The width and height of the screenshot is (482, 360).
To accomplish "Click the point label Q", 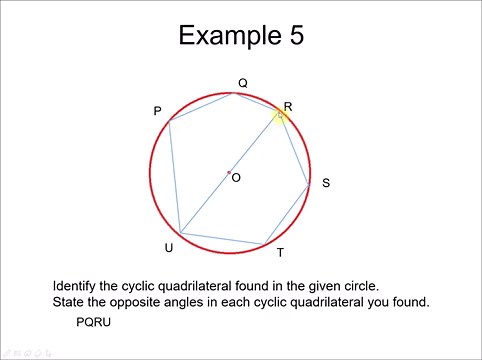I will coord(242,83).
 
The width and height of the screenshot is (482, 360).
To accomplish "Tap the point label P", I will coord(157,111).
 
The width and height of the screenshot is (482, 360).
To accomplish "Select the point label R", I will coord(288,106).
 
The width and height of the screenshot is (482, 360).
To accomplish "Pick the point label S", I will coord(326,183).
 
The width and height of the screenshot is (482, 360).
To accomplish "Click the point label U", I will coord(168,247).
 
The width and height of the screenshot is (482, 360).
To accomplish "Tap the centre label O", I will coord(236,177).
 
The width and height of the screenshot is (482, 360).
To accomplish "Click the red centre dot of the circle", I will coord(229,173).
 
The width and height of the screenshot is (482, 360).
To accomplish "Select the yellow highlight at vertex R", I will coord(281,116).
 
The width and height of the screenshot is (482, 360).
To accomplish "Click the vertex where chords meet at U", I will coord(181,233).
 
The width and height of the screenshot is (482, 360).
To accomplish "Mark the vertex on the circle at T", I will coord(265,243).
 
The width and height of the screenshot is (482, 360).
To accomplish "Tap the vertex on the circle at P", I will coord(170,121).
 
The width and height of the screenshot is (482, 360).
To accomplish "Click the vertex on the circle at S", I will coord(310,183).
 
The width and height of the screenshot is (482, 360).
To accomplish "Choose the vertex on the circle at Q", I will coord(233,94).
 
